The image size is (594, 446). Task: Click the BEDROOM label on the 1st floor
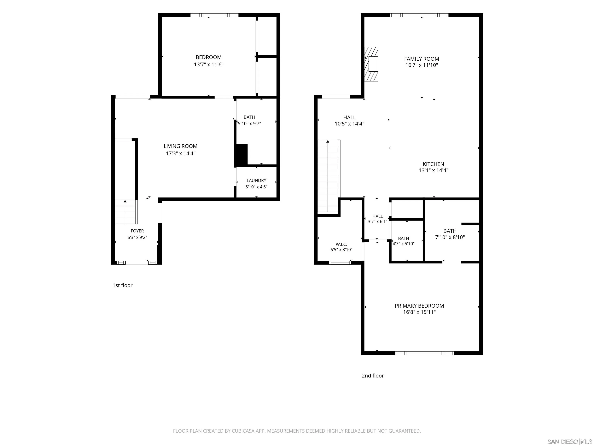coord(208,57)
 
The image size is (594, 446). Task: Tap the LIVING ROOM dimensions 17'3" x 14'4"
coord(180,154)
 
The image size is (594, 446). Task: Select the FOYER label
coord(137,231)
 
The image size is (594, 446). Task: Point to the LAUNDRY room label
coord(256,180)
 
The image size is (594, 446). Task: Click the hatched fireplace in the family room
coord(371,64)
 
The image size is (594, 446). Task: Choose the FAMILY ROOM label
coord(422,59)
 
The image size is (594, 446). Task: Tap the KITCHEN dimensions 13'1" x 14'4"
coord(434,170)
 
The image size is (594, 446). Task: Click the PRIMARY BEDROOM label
coord(419,306)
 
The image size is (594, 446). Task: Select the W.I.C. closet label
coord(341,244)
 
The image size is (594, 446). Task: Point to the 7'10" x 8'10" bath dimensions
coord(450,237)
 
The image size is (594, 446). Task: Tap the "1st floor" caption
coord(122,285)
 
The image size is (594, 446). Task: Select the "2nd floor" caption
coord(373,376)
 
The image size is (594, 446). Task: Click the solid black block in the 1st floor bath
coord(241,155)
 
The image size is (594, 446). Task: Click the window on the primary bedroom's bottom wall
coord(425,353)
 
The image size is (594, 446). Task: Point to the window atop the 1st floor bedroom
coord(214,15)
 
